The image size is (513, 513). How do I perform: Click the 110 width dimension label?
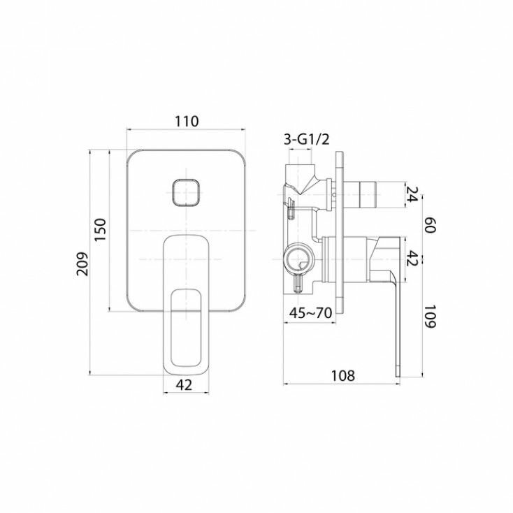point(187,122)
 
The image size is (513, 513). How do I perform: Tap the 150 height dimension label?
point(101,229)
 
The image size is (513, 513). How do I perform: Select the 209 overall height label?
point(82,263)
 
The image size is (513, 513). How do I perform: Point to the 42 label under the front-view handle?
point(184,385)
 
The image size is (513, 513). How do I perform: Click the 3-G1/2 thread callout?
point(306,140)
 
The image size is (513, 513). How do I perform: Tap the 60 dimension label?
point(431,225)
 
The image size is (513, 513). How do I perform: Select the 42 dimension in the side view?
point(412,259)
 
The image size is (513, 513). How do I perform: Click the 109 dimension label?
point(431,317)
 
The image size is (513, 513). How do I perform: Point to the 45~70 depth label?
point(311,313)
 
